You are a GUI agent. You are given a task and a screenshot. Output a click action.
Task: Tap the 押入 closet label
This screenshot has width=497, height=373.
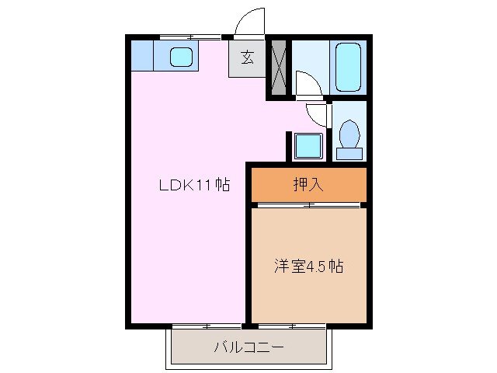coord(308,185)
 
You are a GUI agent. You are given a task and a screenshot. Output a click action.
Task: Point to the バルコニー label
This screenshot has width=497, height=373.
coord(248,347)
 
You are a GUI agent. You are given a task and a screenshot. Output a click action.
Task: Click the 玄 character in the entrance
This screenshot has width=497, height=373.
coord(247,58)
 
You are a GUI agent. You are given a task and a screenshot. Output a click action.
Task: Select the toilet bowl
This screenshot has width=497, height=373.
coord(349,134)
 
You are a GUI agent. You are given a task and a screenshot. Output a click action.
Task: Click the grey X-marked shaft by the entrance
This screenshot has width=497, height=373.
coord(278,68)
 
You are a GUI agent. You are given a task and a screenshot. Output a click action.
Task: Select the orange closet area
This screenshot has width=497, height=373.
coord(308,185)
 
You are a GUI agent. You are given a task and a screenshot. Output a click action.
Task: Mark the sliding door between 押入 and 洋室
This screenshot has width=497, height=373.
coord(308,204)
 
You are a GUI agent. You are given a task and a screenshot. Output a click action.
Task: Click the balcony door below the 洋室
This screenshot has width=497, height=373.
coord(308,323)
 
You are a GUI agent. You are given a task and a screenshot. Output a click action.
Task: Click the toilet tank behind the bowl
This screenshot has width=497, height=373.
coord(349,152)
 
